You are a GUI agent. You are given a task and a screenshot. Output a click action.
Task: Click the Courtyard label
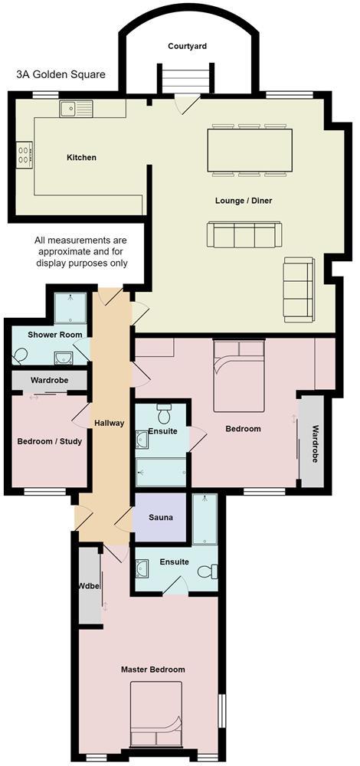[188, 47]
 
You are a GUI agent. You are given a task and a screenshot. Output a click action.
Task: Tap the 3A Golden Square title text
[61, 75]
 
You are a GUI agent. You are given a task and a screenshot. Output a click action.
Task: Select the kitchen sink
[75, 109]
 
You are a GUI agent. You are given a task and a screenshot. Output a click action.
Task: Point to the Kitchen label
[81, 158]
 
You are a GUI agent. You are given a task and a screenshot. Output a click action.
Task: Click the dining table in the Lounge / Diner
[250, 150]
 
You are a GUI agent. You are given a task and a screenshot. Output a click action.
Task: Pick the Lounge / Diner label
[244, 201]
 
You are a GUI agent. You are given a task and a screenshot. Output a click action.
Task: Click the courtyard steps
[183, 79]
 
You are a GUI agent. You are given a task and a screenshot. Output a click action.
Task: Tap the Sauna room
[160, 518]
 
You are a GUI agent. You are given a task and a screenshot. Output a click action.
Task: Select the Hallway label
[109, 423]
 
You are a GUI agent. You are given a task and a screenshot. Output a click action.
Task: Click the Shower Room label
[54, 335]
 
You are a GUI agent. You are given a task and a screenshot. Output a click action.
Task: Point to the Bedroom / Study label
[49, 441]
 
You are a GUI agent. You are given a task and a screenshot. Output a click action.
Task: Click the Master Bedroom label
[153, 669]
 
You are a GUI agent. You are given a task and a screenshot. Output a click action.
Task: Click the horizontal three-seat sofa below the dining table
[245, 234]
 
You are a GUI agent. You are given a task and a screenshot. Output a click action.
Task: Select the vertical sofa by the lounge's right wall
[298, 289]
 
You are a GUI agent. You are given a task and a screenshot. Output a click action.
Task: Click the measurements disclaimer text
[81, 251]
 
